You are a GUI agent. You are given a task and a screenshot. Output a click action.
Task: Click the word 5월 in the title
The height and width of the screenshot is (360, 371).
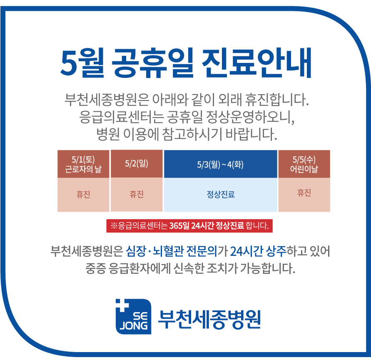pyautogui.click(x=82, y=64)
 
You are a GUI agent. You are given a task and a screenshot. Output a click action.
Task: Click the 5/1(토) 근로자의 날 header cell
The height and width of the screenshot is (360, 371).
pyautogui.click(x=83, y=164)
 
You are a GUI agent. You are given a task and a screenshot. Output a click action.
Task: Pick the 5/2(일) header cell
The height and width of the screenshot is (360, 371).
pyautogui.click(x=137, y=163)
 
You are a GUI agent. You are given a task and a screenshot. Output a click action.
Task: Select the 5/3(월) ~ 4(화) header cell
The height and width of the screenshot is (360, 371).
pyautogui.click(x=220, y=164)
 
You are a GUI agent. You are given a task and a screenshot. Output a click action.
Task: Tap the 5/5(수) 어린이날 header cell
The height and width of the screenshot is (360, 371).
pyautogui.click(x=304, y=164)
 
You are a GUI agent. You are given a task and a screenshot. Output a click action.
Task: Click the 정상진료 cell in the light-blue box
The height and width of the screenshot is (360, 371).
pyautogui.click(x=220, y=195)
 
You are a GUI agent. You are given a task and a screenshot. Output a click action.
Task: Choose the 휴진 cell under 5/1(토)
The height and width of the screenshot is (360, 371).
pyautogui.click(x=83, y=195)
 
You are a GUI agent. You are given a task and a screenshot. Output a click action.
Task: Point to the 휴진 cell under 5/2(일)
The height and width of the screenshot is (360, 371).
pyautogui.click(x=137, y=195)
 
